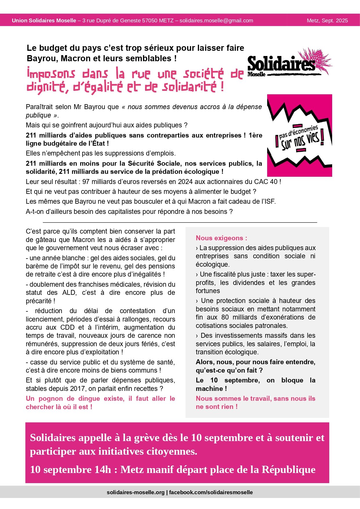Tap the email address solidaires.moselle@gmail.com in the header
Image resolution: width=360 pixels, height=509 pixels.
pos(216,21)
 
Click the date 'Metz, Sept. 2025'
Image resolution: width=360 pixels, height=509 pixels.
pos(327,21)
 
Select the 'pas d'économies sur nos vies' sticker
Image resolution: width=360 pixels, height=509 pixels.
pos(299,136)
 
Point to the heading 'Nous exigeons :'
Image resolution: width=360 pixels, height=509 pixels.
pos(221,238)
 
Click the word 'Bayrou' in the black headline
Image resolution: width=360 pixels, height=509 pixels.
pos(43,58)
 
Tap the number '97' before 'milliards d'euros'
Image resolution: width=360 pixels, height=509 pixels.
pos(86,182)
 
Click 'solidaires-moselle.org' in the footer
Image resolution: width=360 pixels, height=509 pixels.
pos(135,492)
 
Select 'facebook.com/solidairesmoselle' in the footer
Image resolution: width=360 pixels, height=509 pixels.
pos(211,492)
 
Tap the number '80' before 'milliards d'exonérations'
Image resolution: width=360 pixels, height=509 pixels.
pos(225,317)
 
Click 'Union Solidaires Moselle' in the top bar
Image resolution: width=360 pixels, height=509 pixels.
pos(44,21)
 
